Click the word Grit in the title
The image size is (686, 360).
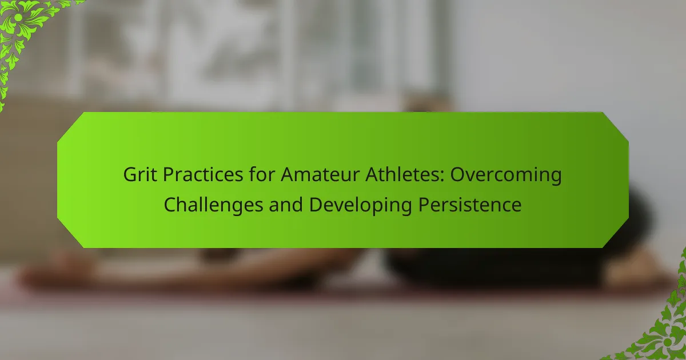pos(140,174)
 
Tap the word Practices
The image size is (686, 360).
pos(203,174)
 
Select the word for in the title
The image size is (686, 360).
pos(262,174)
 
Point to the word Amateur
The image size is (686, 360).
pos(320,174)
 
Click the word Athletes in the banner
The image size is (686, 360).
pos(401,174)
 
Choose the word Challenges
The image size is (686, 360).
pos(213,205)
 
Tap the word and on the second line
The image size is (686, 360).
pos(286,205)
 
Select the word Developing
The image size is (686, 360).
pos(361,205)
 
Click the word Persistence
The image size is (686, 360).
pos(470,205)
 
